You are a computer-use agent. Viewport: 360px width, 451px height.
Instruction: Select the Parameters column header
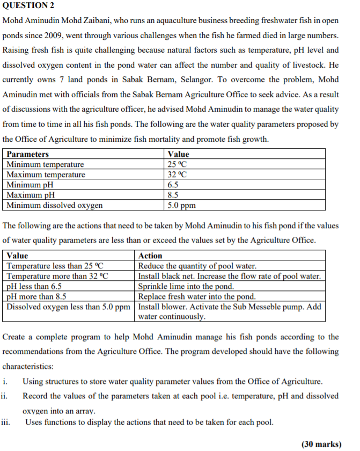pos(27,154)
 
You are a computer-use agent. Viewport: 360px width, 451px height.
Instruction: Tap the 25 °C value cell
pos(177,164)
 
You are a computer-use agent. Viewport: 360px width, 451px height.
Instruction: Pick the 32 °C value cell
pos(177,174)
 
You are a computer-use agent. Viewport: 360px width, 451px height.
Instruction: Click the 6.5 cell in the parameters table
pos(173,185)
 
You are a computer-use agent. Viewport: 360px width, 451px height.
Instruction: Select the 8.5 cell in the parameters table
pos(173,195)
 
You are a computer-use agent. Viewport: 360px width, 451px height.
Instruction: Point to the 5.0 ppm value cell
pos(181,205)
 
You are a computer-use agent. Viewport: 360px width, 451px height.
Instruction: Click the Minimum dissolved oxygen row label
pos(55,205)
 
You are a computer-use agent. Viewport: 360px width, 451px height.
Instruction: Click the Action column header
pos(150,256)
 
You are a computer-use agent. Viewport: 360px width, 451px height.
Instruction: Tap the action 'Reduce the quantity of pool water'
pos(197,266)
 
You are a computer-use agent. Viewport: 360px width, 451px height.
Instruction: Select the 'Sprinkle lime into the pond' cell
pos(186,286)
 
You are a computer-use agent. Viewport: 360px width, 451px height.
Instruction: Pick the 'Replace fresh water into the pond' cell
pos(197,296)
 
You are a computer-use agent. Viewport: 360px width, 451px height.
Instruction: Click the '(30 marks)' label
pos(321,444)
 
